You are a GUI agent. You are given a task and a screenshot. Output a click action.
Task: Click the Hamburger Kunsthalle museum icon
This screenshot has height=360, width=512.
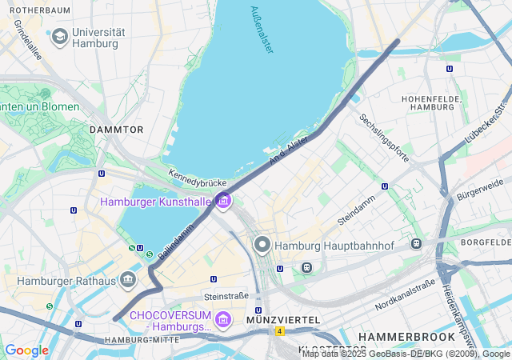point(223,202)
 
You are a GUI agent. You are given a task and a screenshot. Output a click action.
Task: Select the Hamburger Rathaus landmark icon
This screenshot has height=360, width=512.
point(127,280)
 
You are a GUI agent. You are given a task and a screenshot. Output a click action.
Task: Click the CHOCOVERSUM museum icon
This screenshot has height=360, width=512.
point(223,319)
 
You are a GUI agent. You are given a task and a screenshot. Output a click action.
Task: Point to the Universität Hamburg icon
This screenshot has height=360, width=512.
point(59,37)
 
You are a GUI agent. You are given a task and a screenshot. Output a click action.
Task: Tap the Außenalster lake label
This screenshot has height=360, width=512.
point(262,30)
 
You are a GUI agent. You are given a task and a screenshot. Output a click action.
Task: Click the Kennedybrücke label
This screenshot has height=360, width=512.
point(193,179)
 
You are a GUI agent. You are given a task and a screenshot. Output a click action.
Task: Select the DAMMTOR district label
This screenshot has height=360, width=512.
point(117,129)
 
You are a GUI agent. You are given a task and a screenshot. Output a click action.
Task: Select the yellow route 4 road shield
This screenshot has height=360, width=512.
point(279,330)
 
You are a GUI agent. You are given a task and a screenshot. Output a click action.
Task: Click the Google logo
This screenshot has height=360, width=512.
point(26,350)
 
